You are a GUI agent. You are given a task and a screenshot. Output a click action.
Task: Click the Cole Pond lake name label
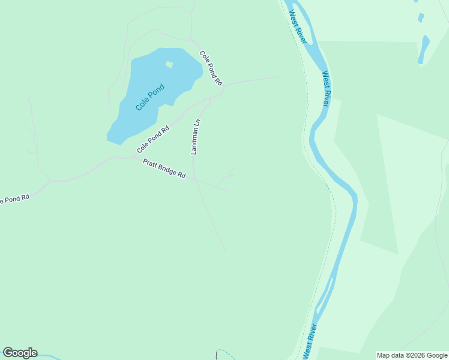coord(149,97)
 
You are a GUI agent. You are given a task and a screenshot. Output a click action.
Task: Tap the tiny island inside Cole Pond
coord(169,64)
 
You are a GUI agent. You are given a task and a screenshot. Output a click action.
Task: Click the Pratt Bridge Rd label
coord(164,169)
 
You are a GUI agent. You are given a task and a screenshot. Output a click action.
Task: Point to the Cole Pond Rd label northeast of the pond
coord(211,68)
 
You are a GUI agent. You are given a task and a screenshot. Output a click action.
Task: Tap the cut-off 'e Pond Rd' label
coord(14,199)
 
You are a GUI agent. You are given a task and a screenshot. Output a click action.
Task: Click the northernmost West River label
coord(298,26)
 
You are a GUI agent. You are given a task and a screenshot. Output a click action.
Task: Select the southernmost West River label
coord(310,341)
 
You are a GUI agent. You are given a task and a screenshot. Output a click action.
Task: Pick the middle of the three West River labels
coord(325,89)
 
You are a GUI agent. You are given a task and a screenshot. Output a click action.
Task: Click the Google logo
coord(20,353)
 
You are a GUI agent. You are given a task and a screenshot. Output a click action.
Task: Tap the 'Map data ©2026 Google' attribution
coord(412,355)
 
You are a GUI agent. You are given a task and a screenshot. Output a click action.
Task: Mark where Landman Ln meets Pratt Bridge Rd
coord(194,179)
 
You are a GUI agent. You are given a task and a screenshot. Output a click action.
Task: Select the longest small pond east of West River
coord(424,49)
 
